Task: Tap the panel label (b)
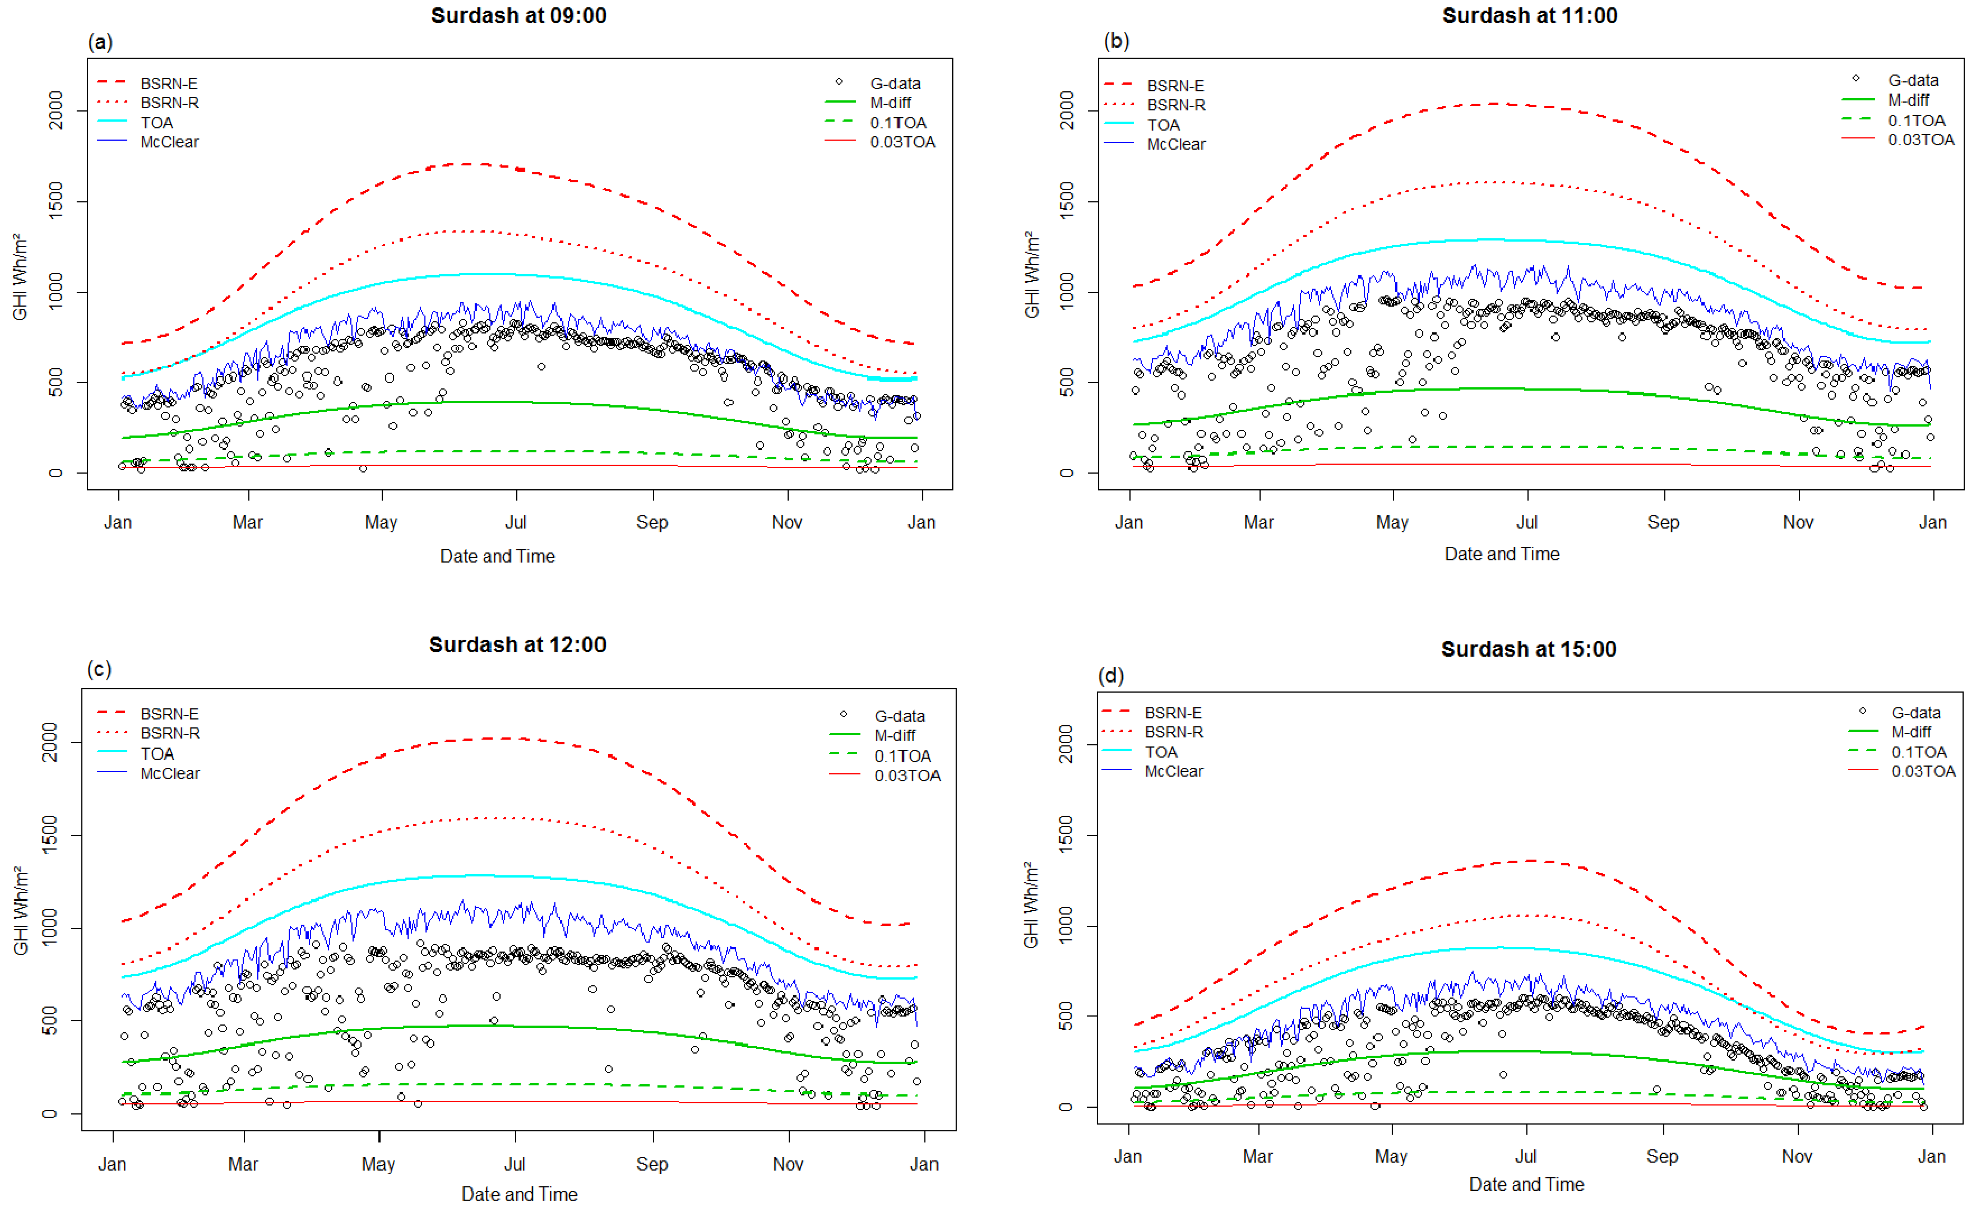pos(1116,41)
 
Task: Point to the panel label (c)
pos(99,669)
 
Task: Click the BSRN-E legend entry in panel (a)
pos(168,83)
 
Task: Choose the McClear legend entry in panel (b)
pos(1175,144)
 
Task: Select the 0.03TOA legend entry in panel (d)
pos(1922,771)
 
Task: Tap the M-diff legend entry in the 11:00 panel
pos(1908,100)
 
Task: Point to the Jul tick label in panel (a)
pos(516,523)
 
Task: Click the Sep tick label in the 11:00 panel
pos(1663,523)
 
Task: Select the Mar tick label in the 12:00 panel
pos(243,1164)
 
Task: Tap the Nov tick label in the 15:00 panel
pos(1797,1156)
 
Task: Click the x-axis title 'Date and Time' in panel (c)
pos(519,1194)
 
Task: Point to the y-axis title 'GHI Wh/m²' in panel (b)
pos(1032,274)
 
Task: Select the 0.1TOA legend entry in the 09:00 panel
pos(898,122)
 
